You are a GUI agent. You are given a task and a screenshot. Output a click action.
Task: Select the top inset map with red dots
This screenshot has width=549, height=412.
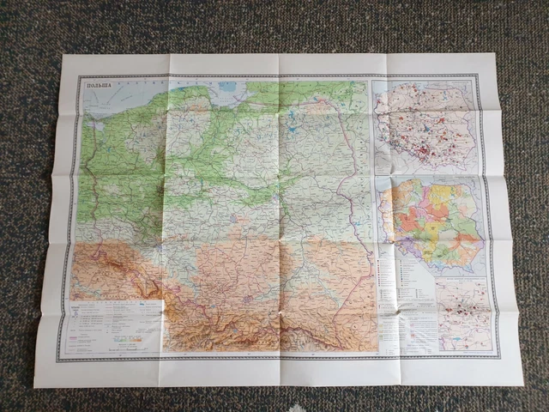click(425, 124)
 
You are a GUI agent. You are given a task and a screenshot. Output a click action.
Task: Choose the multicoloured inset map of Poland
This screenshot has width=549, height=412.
click(432, 225)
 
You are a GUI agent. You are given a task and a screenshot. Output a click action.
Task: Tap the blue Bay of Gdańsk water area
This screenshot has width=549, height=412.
click(225, 88)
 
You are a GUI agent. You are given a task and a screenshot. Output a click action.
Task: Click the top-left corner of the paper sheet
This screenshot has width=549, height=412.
click(65, 58)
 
